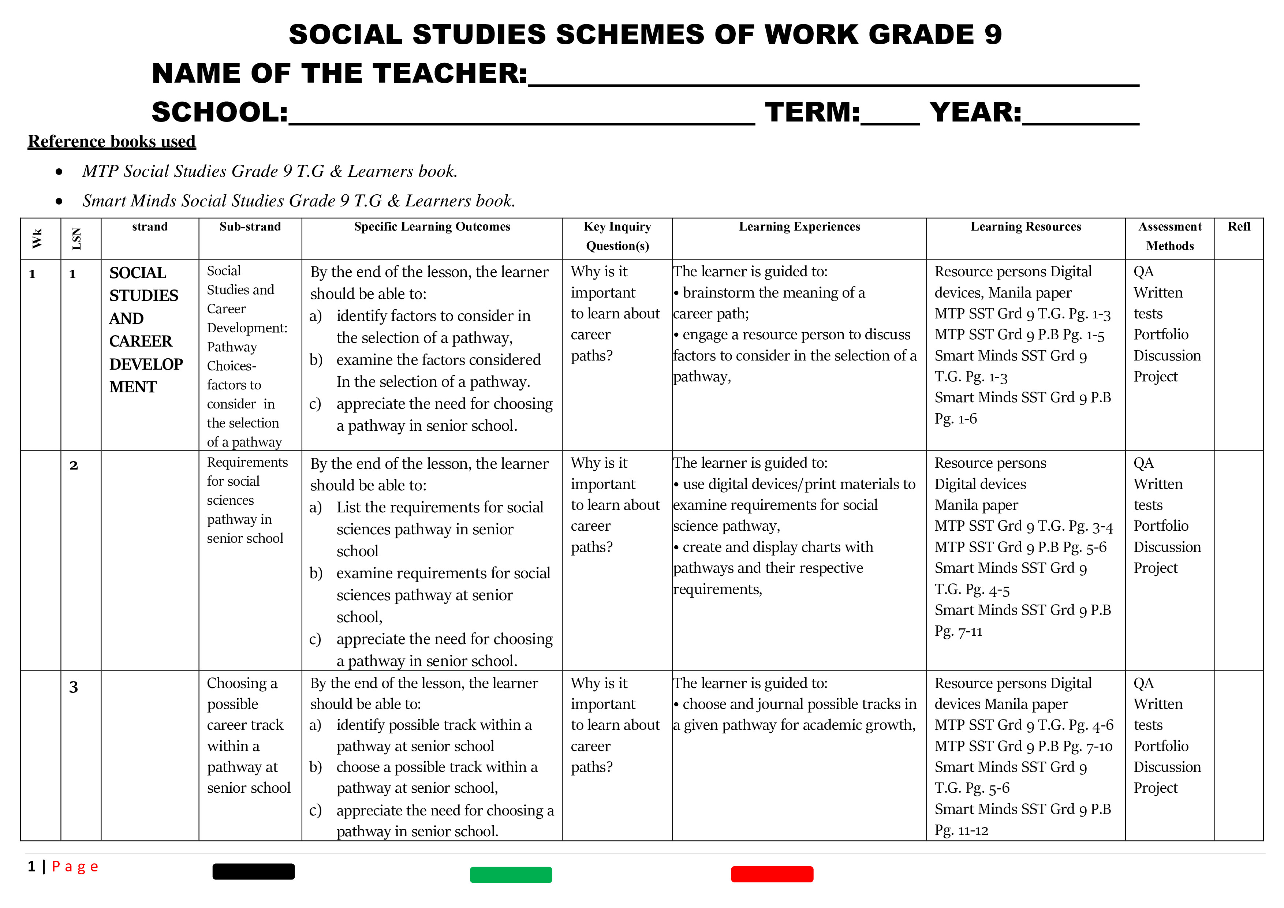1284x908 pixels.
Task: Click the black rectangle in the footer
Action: [253, 871]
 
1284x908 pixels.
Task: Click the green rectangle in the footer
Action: [511, 874]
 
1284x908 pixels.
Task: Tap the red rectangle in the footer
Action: [772, 874]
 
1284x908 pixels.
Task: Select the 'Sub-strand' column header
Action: [250, 227]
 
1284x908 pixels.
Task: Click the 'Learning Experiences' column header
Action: [799, 227]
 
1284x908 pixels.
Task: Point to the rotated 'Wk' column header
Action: [37, 239]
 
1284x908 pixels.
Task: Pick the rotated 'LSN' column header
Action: [76, 239]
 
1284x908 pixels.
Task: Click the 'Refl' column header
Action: [1239, 227]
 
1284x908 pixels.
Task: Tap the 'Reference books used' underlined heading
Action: [112, 142]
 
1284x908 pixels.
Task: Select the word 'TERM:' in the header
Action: [812, 112]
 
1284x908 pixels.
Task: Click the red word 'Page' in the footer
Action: [75, 867]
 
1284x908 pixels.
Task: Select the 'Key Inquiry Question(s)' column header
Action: [617, 236]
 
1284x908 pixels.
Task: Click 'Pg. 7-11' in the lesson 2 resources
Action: [958, 632]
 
